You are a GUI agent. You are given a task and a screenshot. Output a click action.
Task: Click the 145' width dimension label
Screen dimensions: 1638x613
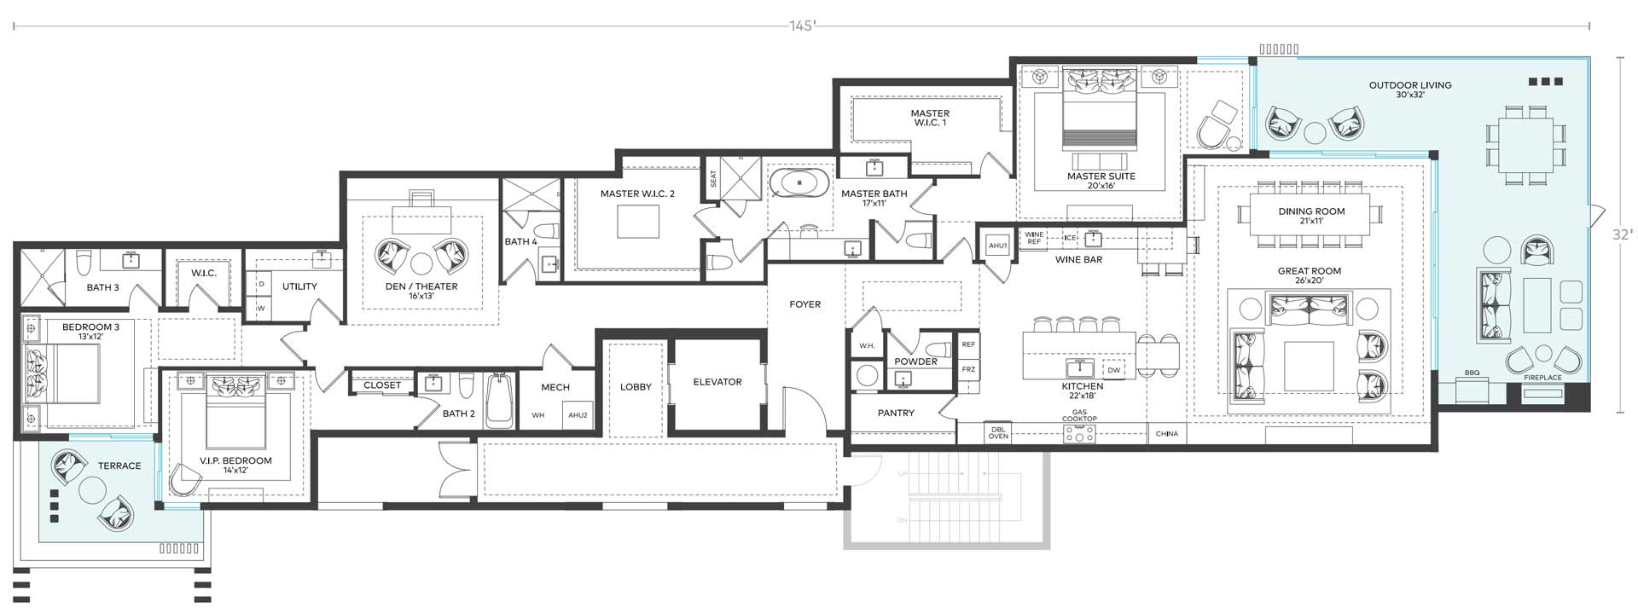(802, 26)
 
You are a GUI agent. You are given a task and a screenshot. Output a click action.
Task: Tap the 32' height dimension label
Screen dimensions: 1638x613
(1622, 234)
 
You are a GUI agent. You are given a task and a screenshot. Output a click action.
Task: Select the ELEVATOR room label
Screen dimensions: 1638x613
(717, 382)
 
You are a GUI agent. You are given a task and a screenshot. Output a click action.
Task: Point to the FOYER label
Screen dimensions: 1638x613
(804, 304)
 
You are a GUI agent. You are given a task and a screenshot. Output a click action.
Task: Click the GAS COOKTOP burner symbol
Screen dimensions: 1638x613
(1079, 434)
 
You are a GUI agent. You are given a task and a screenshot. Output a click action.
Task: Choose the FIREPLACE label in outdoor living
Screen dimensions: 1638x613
(1542, 377)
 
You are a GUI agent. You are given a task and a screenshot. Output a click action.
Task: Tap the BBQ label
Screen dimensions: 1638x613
(1472, 373)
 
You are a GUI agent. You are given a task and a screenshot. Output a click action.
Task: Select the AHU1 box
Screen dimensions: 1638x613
(997, 246)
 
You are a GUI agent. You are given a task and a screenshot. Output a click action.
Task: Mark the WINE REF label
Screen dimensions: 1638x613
(1034, 238)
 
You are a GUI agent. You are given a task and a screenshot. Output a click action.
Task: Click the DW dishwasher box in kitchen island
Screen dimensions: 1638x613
(1113, 370)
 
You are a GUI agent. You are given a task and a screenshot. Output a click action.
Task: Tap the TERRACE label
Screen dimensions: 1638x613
(119, 466)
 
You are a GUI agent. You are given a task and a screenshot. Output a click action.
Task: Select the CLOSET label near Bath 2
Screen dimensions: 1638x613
(382, 385)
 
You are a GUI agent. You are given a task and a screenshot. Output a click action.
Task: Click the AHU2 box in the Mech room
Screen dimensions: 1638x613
(578, 414)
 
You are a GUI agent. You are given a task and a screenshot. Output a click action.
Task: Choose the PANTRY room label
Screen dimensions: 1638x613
(896, 413)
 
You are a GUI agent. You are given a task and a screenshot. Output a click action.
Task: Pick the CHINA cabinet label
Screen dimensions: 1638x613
(1166, 434)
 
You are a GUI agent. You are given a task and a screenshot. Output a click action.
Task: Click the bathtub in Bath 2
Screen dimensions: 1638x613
(500, 402)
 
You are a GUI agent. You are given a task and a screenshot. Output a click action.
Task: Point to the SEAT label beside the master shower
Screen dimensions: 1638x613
(713, 179)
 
